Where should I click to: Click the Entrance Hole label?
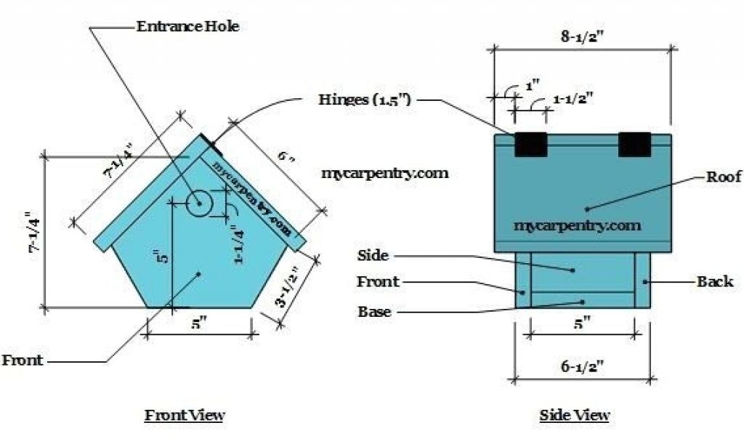(x=187, y=27)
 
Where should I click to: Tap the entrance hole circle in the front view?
(x=198, y=204)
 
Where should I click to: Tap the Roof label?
(x=724, y=177)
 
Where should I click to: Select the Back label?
(x=715, y=281)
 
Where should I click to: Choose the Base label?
(x=374, y=312)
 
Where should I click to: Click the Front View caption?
(x=185, y=415)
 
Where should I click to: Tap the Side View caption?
(x=575, y=415)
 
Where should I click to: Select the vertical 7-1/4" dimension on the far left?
(x=31, y=233)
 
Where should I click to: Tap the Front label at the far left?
(x=23, y=360)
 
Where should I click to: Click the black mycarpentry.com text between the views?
(x=384, y=174)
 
